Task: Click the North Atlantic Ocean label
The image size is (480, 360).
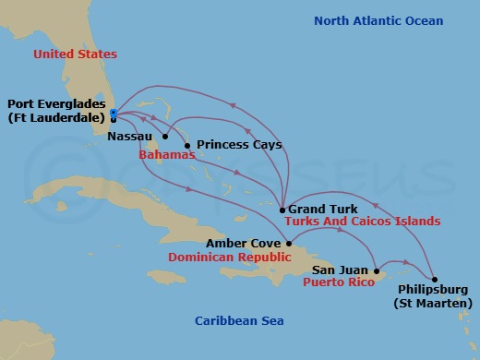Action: (378, 20)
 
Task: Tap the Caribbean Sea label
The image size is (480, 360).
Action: (239, 320)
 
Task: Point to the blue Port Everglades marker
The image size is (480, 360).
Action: (113, 113)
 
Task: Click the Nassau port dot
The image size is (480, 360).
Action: (165, 137)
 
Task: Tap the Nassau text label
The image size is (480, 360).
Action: (128, 136)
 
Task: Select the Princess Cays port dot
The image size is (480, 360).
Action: (187, 145)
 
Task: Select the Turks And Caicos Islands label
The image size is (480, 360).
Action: (362, 222)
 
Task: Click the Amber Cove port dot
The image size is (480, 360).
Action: (289, 244)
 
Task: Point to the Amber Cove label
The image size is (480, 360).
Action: (244, 243)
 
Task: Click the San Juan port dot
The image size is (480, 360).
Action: (376, 270)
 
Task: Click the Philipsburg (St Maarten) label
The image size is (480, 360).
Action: (432, 296)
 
